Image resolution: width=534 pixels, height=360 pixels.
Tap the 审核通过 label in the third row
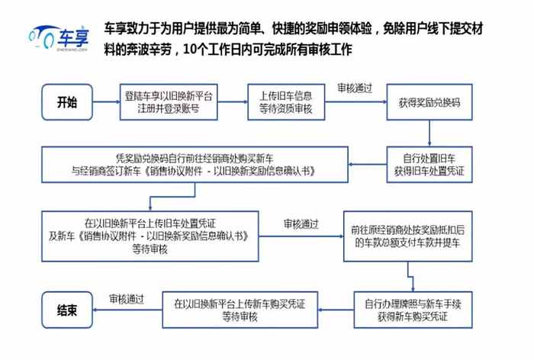(x=301, y=223)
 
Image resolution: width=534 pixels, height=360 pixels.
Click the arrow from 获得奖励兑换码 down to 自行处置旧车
(x=429, y=133)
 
